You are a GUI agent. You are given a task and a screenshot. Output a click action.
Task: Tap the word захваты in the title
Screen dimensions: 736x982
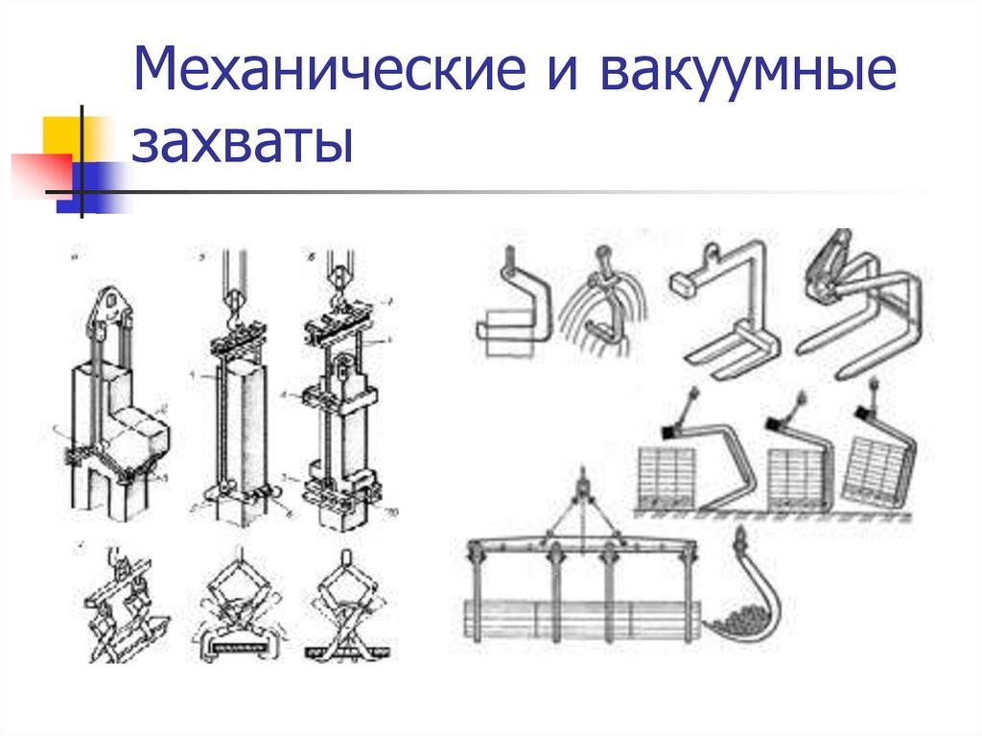[x=242, y=145]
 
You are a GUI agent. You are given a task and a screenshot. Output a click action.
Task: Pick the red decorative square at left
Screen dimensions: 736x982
[x=38, y=173]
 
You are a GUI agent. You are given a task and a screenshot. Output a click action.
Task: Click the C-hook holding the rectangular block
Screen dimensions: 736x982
[x=513, y=307]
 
